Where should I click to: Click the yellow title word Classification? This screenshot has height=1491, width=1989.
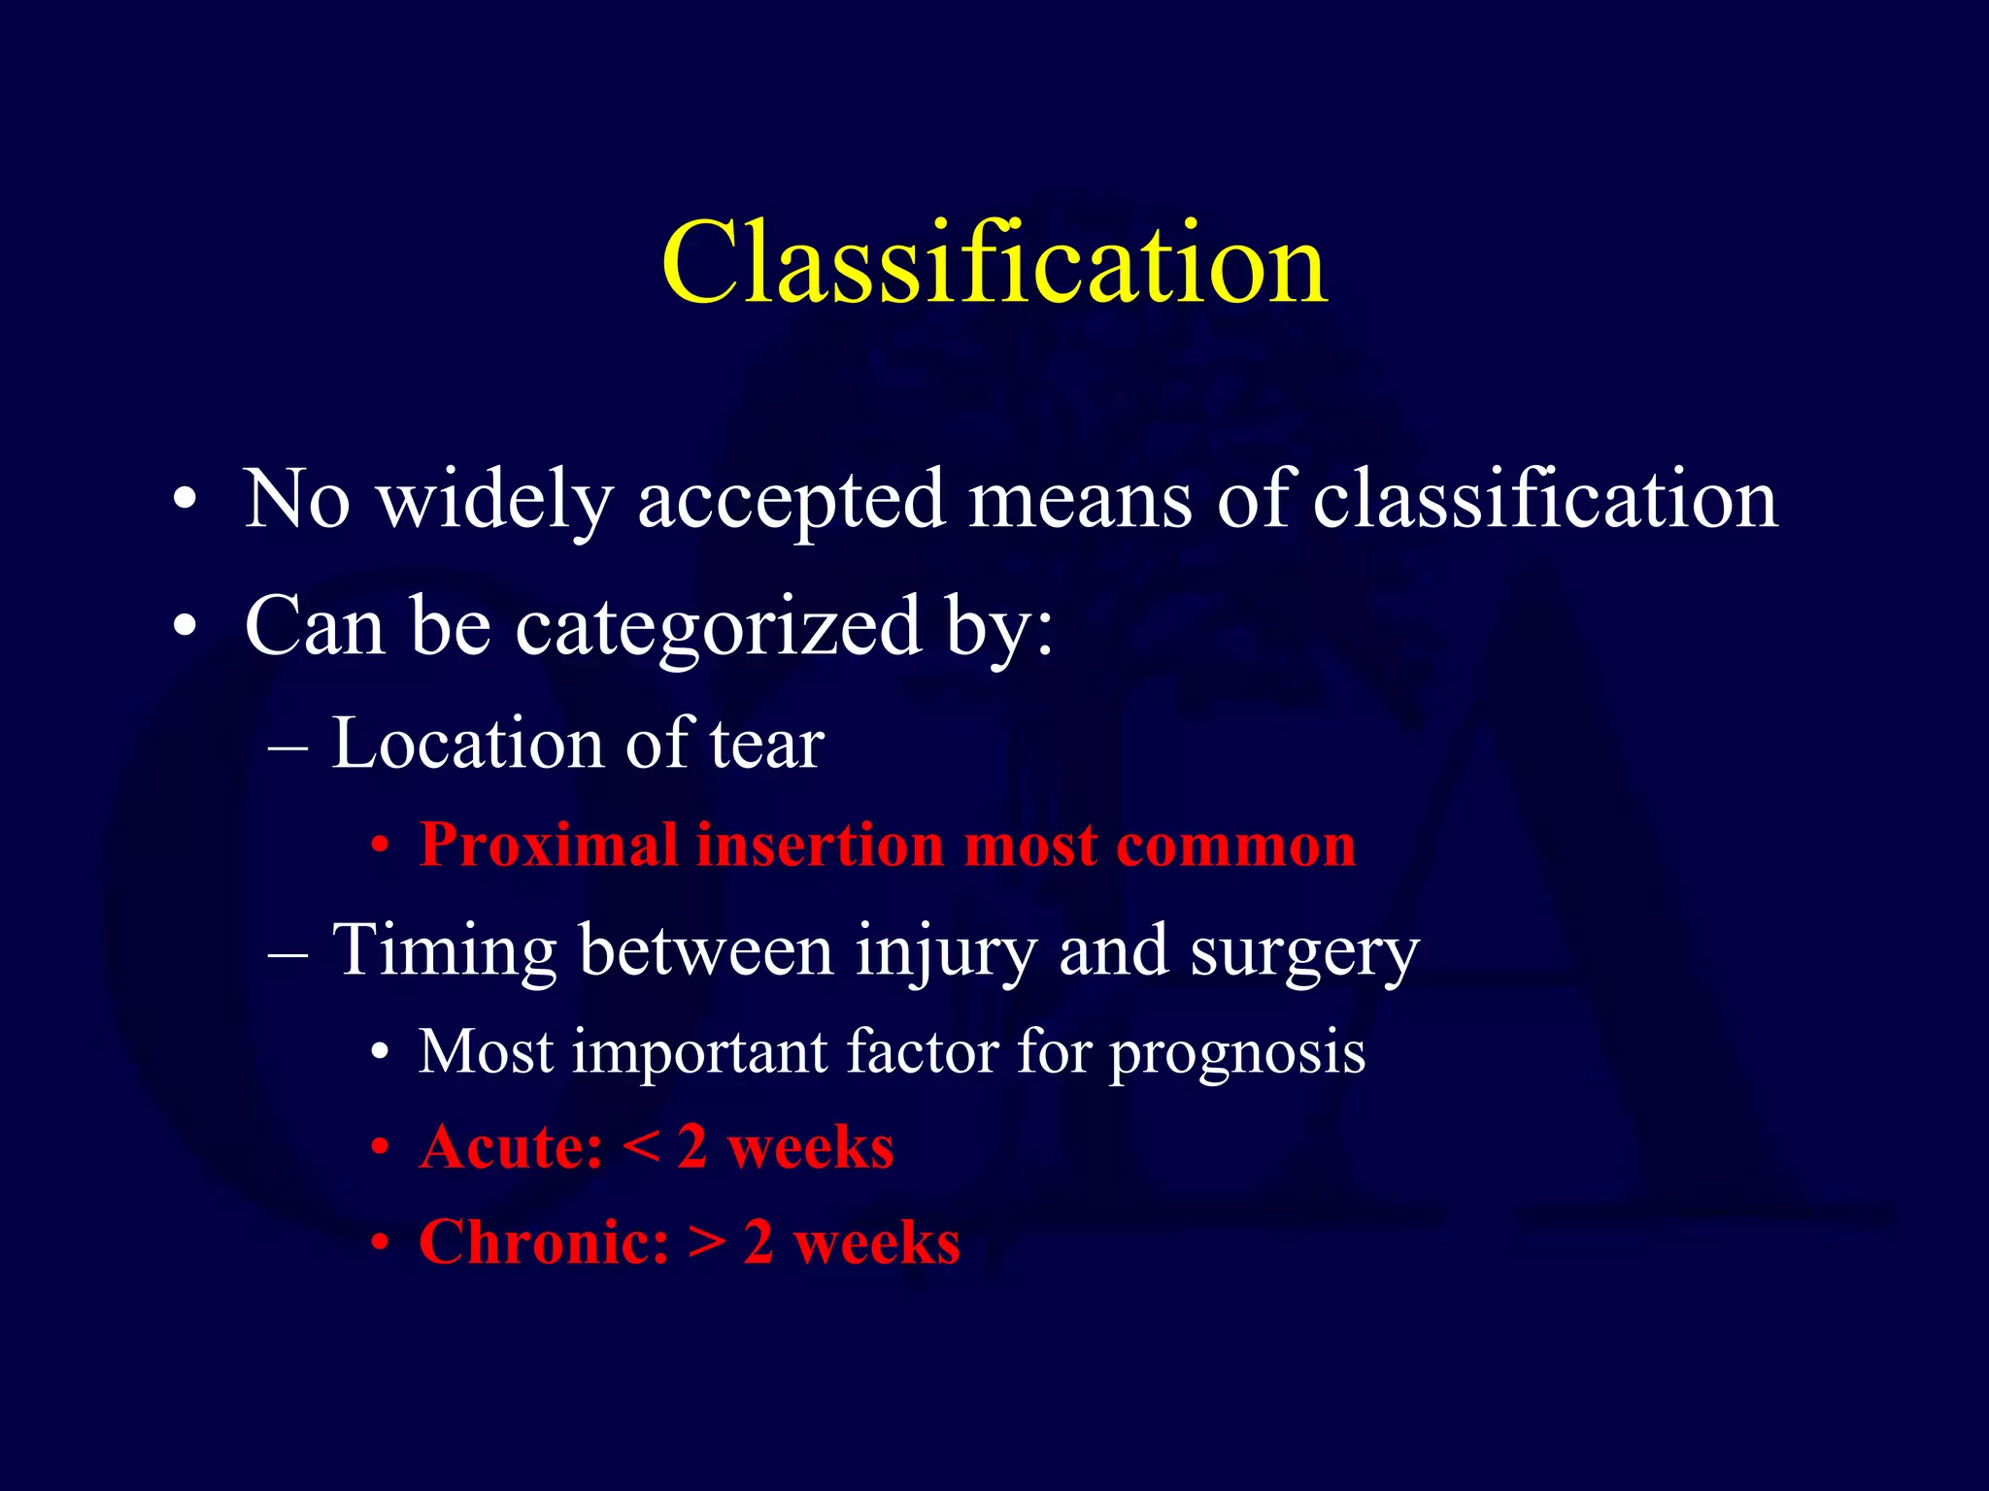[x=994, y=263]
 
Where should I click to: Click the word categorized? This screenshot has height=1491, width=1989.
[x=717, y=626]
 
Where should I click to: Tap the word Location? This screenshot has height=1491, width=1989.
[x=467, y=744]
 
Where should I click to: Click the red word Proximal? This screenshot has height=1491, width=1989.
[x=549, y=845]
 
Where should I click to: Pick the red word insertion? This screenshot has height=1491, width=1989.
[x=820, y=845]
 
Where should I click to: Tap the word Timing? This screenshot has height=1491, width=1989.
[x=444, y=950]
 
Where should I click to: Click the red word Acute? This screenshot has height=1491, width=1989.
[x=511, y=1146]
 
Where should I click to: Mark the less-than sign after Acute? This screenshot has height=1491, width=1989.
[x=640, y=1148]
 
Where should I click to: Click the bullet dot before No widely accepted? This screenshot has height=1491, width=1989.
[x=185, y=502]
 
